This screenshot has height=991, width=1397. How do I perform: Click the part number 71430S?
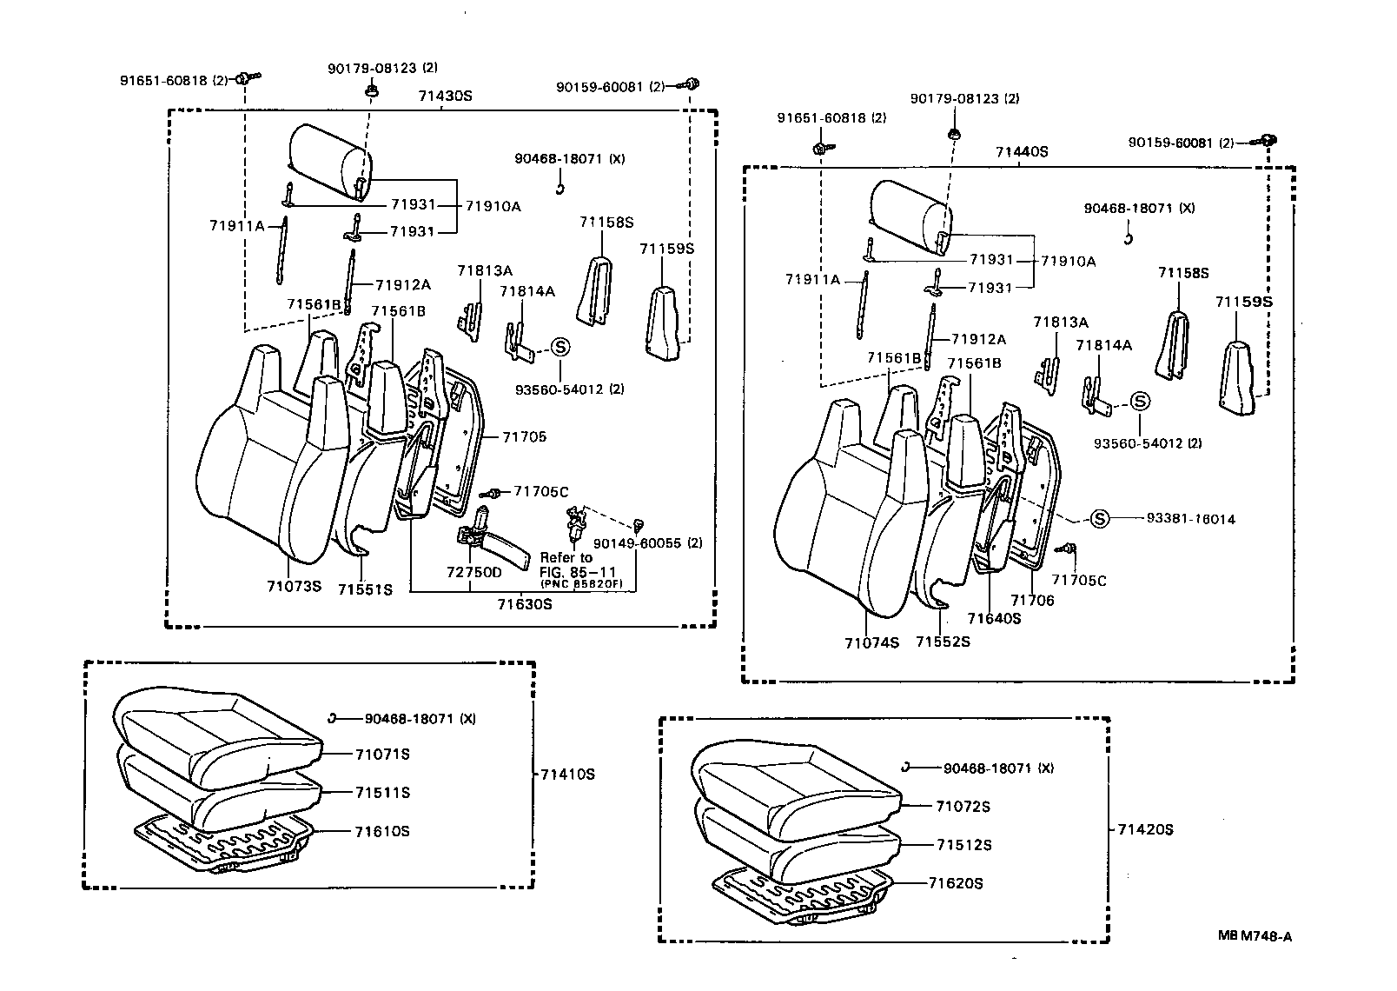click(444, 96)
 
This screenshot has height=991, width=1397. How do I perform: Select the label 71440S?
click(1022, 151)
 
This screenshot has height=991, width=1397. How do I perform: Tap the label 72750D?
click(474, 572)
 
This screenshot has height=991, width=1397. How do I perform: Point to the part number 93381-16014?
click(1190, 519)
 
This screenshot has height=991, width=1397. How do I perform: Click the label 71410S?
click(567, 774)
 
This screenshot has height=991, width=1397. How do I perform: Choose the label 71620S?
click(955, 883)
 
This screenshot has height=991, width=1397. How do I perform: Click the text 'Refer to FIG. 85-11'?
click(566, 563)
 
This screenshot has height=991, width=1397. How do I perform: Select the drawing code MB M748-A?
click(1254, 936)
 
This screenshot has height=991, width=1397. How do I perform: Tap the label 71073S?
click(294, 586)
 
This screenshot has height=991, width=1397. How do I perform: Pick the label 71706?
click(1032, 600)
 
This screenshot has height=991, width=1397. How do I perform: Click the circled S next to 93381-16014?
click(1100, 519)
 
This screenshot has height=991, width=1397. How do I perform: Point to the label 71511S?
click(382, 792)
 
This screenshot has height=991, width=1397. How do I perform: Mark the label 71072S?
click(963, 806)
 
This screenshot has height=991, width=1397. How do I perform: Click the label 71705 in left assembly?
click(524, 436)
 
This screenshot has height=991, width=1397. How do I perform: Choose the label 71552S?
click(943, 642)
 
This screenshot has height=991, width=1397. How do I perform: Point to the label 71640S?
click(994, 618)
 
